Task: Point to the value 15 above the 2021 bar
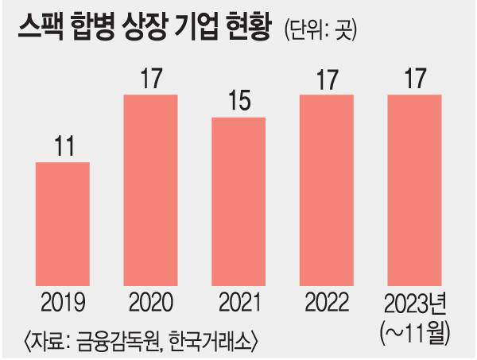coord(238,103)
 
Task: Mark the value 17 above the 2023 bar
coord(414,80)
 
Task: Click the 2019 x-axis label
coord(63,303)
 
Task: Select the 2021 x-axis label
coord(238,303)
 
